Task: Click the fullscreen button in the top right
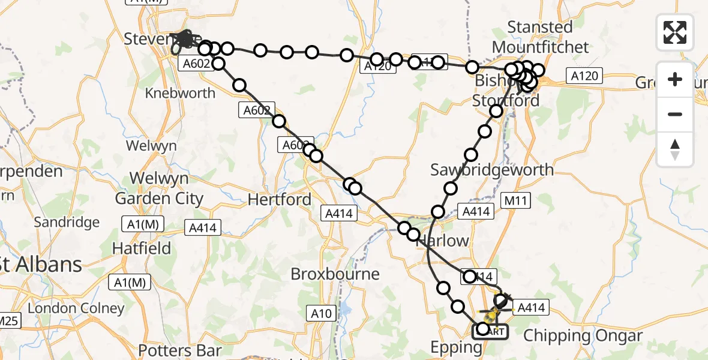point(675,32)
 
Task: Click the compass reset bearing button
point(675,149)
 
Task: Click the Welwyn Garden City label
point(159,189)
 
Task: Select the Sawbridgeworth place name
point(492,170)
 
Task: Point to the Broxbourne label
point(335,274)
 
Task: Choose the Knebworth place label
point(180,93)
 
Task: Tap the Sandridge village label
point(67,223)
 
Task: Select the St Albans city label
point(41,264)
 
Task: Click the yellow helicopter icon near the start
point(492,314)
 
